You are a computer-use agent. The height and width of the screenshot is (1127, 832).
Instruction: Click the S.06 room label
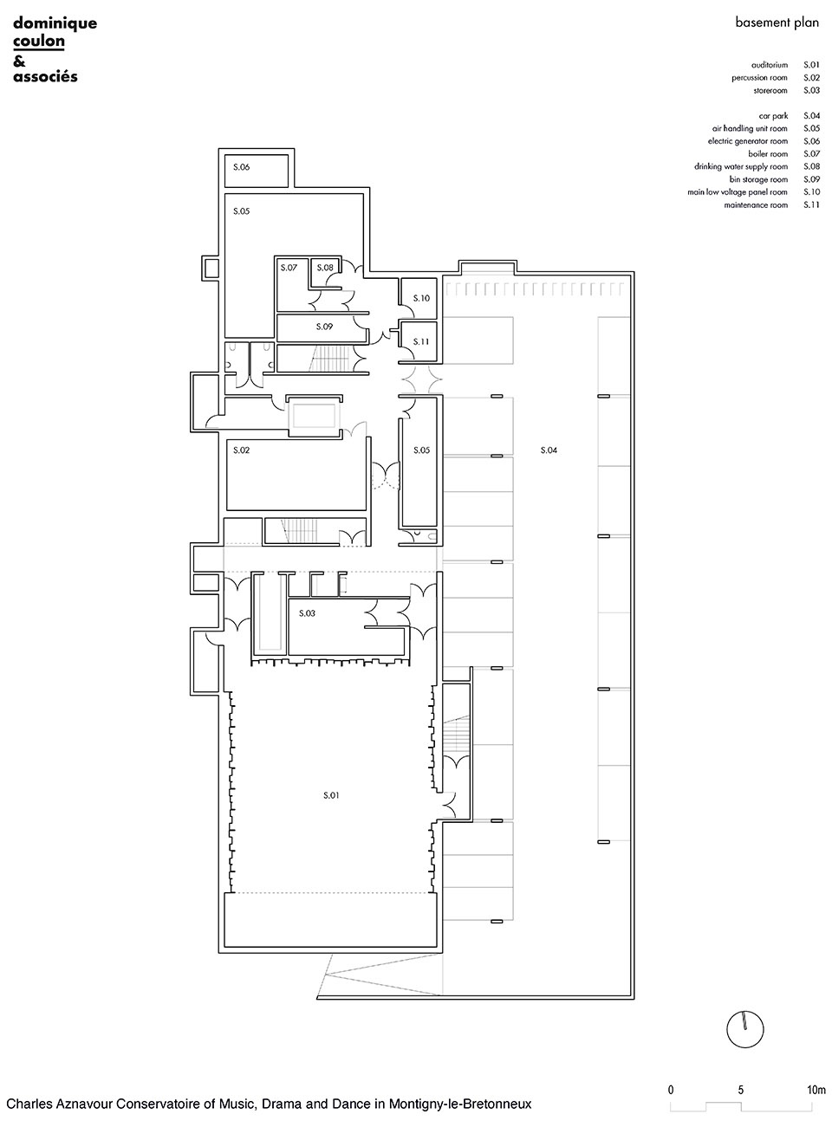(241, 166)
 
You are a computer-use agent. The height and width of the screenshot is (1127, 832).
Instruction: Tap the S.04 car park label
(549, 450)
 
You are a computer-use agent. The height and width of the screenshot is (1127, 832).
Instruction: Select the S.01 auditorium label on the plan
(331, 795)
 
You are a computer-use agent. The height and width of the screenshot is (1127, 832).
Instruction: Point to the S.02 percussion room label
(241, 450)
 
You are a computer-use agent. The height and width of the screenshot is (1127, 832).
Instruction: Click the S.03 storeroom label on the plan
(307, 613)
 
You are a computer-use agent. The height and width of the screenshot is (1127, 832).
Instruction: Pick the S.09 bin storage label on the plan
(324, 327)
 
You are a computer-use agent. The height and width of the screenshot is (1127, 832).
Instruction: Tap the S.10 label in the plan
(421, 298)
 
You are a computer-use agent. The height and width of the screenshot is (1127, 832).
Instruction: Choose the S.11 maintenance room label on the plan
(421, 341)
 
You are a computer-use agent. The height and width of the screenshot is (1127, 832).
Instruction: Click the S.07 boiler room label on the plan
(289, 268)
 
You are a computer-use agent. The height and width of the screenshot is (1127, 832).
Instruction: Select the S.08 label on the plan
(324, 268)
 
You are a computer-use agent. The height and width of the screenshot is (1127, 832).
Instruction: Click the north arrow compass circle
(745, 1029)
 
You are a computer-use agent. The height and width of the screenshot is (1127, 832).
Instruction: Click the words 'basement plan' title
(777, 23)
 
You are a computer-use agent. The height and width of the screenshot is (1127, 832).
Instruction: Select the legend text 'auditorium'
(770, 65)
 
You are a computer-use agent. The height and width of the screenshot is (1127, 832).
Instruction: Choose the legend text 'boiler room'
(768, 154)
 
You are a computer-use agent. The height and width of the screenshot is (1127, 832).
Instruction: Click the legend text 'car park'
(774, 116)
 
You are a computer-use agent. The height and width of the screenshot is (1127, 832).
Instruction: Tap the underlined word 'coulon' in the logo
(39, 41)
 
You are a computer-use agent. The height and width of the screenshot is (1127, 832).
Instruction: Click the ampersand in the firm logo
(19, 62)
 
